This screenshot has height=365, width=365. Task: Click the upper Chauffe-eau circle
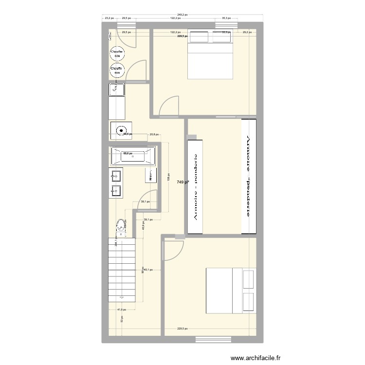[x=117, y=54]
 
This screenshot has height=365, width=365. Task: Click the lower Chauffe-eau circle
[x=117, y=71]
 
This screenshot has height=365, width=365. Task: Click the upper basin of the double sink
[x=117, y=175]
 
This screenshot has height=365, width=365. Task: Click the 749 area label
[x=183, y=182]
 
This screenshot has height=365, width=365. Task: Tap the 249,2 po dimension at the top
[x=183, y=15]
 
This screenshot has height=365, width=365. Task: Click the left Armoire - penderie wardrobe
[x=196, y=186]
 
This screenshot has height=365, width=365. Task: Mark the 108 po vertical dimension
[x=168, y=178]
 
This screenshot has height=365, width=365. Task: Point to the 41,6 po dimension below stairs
[x=121, y=310]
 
